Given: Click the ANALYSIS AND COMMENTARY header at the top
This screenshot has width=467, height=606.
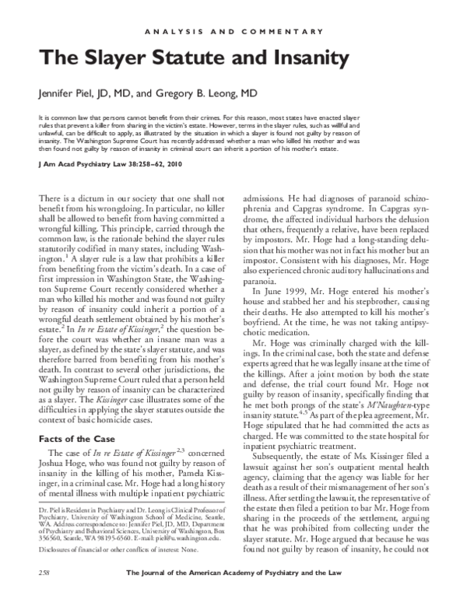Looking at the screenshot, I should [233, 31].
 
